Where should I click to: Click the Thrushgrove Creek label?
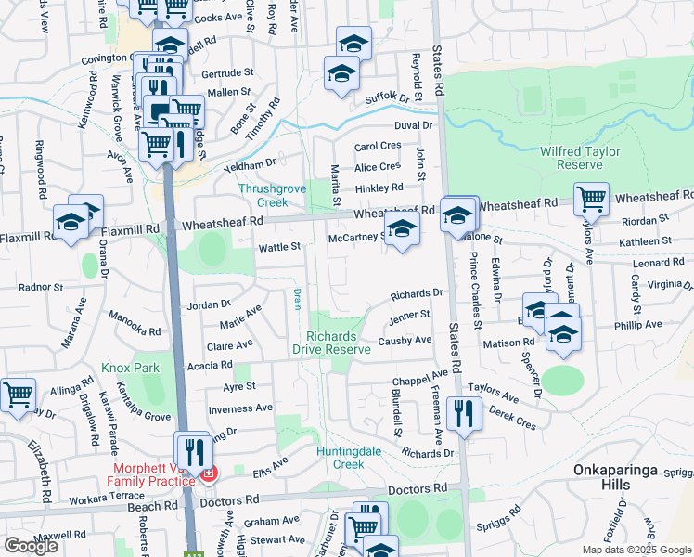(274, 195)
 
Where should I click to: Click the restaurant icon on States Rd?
(464, 413)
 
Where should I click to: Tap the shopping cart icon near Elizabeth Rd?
(17, 395)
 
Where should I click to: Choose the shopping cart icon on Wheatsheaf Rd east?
(590, 199)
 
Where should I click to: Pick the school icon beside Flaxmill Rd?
(71, 221)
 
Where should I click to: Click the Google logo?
(31, 546)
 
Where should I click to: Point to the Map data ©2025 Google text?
(636, 549)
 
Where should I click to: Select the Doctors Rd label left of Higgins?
(228, 500)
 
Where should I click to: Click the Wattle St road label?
(279, 247)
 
